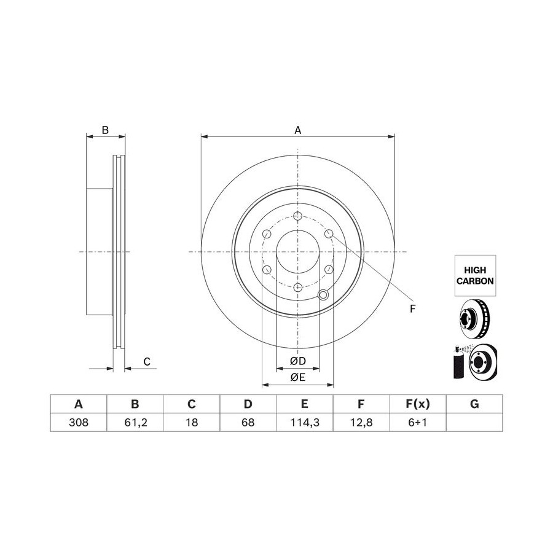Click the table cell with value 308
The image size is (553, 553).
(79, 422)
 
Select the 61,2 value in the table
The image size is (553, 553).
(135, 422)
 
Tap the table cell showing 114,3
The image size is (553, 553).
(305, 422)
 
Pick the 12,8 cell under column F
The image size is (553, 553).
(361, 422)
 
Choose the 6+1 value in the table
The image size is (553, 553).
(418, 422)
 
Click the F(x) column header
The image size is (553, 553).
(418, 404)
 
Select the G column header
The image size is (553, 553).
(474, 404)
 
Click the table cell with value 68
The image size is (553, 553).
(248, 422)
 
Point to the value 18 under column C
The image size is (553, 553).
(192, 422)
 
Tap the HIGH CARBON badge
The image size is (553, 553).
(475, 275)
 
